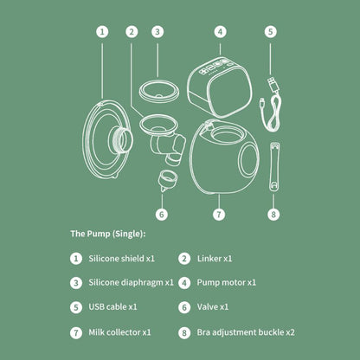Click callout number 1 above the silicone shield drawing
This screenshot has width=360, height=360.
(x=102, y=32)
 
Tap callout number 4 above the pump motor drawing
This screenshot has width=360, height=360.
(x=220, y=32)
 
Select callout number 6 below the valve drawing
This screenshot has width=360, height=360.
(x=162, y=215)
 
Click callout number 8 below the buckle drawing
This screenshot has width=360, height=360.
(x=273, y=215)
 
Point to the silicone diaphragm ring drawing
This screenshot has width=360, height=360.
(x=159, y=92)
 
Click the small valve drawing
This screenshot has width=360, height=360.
(x=167, y=180)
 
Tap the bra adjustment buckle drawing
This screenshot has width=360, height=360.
(x=274, y=166)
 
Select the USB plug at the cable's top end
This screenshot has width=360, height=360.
(x=273, y=84)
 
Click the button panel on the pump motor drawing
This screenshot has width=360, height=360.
(x=216, y=66)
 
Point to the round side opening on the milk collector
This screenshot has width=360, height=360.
(x=247, y=159)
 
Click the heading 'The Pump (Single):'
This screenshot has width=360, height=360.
(x=108, y=234)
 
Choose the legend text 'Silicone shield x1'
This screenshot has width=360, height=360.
(x=122, y=259)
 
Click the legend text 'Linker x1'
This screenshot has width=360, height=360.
(x=215, y=259)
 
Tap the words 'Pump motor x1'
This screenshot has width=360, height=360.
(x=227, y=282)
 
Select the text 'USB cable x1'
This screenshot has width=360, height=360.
(x=112, y=306)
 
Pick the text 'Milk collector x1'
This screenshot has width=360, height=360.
(x=119, y=332)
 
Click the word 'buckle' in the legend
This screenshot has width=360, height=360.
(x=271, y=332)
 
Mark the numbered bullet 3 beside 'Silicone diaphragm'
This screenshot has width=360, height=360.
(x=76, y=283)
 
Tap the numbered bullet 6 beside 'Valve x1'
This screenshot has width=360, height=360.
(x=184, y=307)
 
